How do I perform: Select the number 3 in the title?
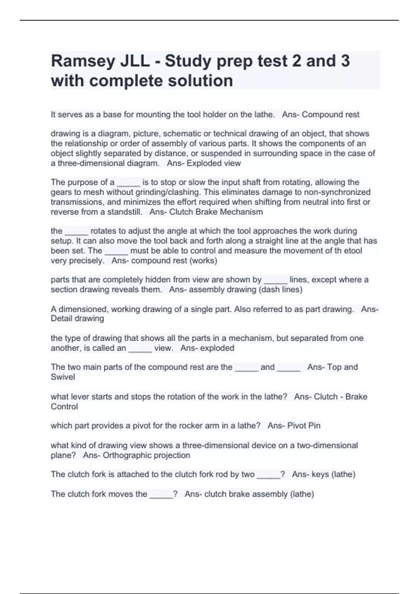point(345,61)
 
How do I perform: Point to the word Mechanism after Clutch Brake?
point(242,212)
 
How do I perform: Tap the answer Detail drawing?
point(77,319)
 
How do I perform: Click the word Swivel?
point(63,377)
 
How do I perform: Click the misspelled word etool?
point(352,251)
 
